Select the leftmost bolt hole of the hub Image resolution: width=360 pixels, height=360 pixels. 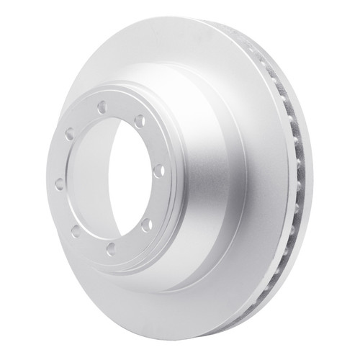pyautogui.click(x=58, y=183)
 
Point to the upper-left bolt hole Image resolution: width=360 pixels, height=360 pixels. pyautogui.click(x=69, y=135)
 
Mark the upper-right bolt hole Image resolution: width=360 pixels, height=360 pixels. pyautogui.click(x=139, y=120)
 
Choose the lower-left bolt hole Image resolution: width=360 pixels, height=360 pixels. pyautogui.click(x=75, y=230)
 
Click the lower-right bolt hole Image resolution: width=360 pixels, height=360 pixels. pyautogui.click(x=146, y=225)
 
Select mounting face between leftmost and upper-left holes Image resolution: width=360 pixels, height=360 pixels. pyautogui.click(x=61, y=158)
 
